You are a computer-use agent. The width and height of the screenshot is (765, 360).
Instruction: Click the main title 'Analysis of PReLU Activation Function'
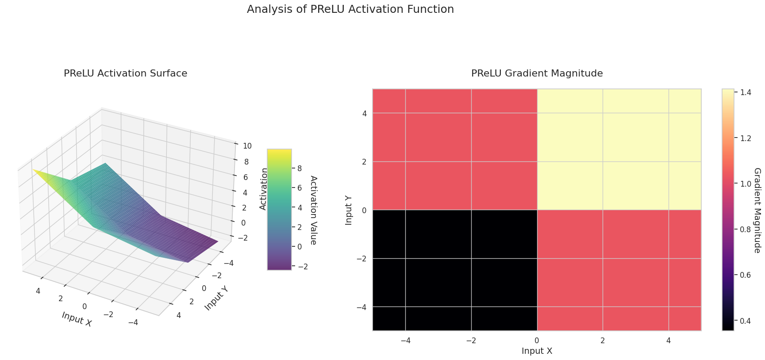pyautogui.click(x=350, y=9)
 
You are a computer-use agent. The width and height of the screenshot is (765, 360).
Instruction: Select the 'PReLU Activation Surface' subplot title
pyautogui.click(x=125, y=73)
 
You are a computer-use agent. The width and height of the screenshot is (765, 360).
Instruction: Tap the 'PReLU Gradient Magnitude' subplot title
pyautogui.click(x=537, y=73)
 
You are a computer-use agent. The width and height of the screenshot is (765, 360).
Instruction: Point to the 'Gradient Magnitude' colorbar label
pyautogui.click(x=757, y=211)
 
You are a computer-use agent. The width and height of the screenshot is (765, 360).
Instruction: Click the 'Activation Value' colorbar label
pyautogui.click(x=313, y=210)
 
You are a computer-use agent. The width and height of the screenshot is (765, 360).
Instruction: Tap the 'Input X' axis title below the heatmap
pyautogui.click(x=537, y=351)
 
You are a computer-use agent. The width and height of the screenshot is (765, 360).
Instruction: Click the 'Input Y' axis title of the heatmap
pyautogui.click(x=349, y=210)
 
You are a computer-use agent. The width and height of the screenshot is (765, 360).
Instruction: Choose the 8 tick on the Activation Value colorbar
pyautogui.click(x=300, y=168)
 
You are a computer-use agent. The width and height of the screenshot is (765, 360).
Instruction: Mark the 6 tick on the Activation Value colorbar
pyautogui.click(x=300, y=188)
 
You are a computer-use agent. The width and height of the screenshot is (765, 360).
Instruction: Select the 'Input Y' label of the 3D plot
pyautogui.click(x=216, y=297)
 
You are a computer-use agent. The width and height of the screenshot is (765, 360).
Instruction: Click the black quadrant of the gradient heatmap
pyautogui.click(x=455, y=270)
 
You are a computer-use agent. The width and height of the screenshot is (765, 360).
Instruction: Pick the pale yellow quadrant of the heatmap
pyautogui.click(x=619, y=149)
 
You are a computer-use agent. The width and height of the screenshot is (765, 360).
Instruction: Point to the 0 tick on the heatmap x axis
pyautogui.click(x=537, y=341)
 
